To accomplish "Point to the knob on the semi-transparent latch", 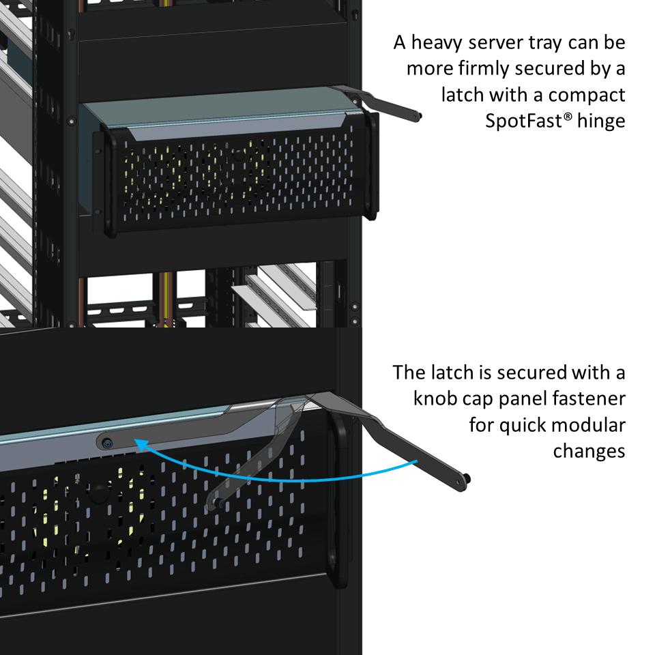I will [218, 503].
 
